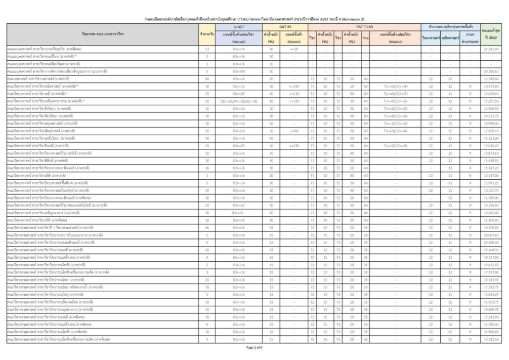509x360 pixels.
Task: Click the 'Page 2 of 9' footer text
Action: [254, 347]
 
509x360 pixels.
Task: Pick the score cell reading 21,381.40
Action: [491, 49]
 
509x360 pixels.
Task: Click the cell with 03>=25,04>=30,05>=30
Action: [239, 101]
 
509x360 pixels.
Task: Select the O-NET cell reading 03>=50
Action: [239, 72]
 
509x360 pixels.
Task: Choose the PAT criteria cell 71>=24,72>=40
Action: [395, 131]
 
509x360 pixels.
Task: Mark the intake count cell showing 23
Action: [207, 49]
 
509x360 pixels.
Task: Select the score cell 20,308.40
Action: [491, 242]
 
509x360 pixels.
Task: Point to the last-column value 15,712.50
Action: [491, 339]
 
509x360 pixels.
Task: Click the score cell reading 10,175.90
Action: [491, 86]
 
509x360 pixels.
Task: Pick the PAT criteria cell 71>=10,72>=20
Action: [395, 123]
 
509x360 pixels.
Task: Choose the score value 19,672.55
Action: [491, 265]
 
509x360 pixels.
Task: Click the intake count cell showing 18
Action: [207, 287]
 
